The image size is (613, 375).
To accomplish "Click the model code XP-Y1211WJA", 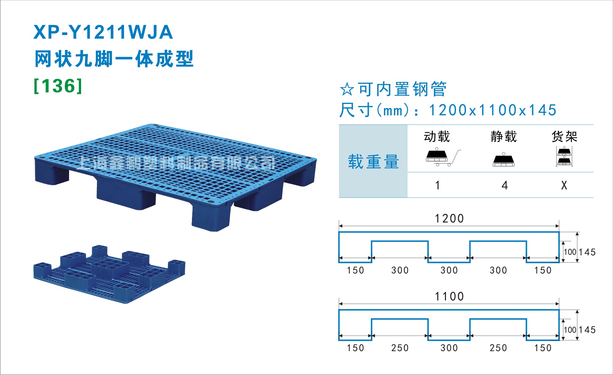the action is coord(103,32).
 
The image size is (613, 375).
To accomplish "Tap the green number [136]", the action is coord(58,86).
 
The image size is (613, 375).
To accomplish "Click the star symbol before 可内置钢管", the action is coord(347,89).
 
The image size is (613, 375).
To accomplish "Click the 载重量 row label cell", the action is coord(373,161).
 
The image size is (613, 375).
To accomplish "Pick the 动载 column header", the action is coord(437,137).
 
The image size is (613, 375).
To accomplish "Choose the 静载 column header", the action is coord(504,137).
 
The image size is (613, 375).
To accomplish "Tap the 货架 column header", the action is coord(564,137).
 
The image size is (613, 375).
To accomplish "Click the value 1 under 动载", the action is coord(438,185).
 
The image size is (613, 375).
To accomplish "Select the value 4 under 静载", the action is coord(505,185).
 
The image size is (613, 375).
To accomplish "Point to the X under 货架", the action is coord(564,185).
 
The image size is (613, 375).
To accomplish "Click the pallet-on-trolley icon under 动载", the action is coord(443,157).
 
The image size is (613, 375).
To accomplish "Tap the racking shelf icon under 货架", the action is coord(564,157).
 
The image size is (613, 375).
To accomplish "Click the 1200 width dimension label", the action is coord(449,218).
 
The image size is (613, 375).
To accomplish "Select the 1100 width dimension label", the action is coord(449,296).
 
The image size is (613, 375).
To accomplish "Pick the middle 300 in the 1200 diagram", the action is coord(449,270).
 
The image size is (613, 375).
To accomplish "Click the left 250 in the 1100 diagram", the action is coord(400,348).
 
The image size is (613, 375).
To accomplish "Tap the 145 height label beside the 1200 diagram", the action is coord(587,252).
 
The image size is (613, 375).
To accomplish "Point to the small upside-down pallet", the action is coord(109,274).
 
